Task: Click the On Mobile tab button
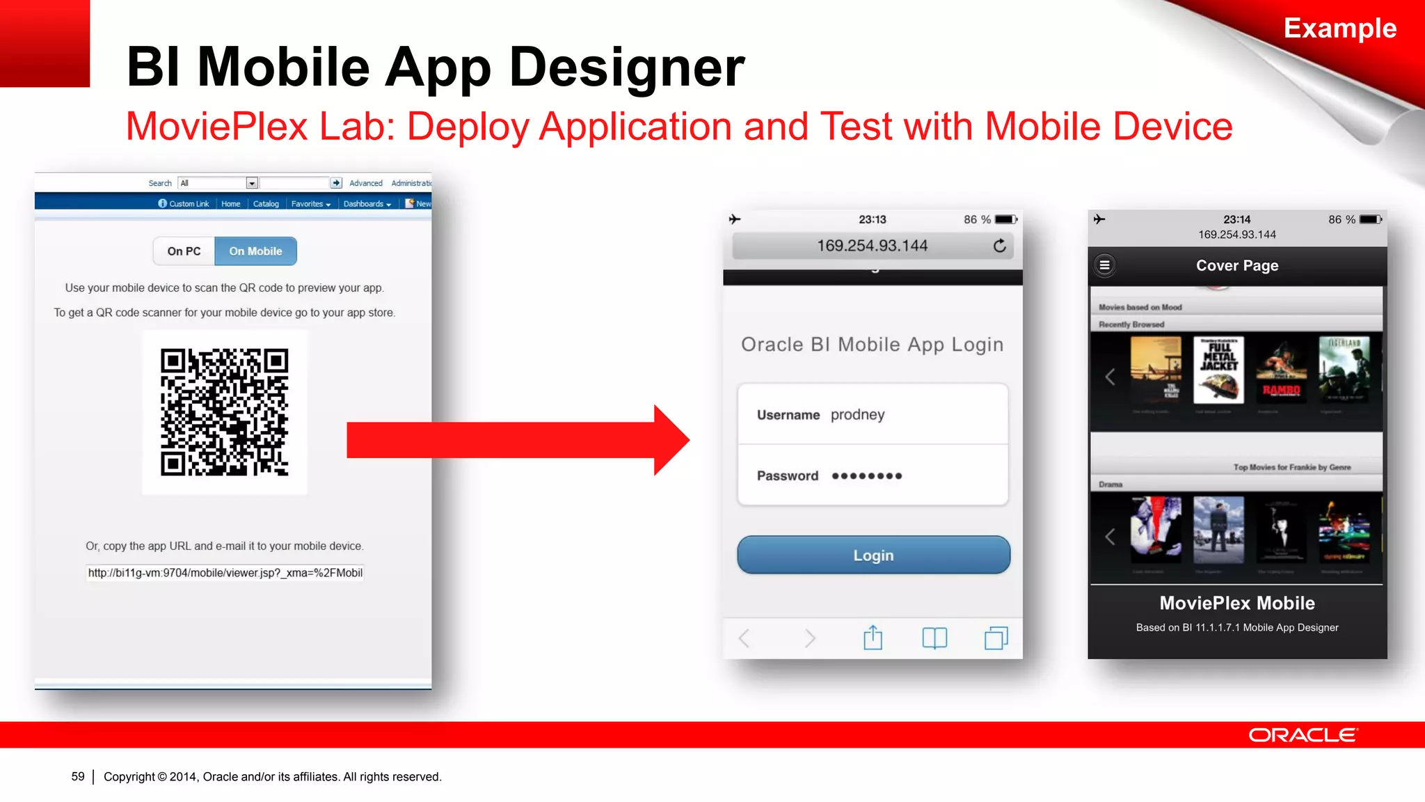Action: coord(255,251)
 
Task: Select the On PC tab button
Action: coord(184,251)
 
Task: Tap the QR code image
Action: coord(224,412)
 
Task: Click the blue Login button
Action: coord(873,555)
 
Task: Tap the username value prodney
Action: coord(857,415)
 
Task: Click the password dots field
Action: coord(866,476)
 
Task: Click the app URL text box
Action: coord(224,573)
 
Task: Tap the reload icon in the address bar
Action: coord(999,246)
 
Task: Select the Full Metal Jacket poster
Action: coord(1218,370)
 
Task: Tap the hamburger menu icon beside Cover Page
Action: coord(1104,265)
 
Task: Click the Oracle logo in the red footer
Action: coord(1303,735)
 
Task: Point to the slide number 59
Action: coord(78,776)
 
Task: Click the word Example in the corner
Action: coord(1339,29)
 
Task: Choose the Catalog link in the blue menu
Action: coord(266,204)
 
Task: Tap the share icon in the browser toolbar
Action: coord(873,638)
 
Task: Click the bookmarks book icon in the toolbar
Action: coord(934,638)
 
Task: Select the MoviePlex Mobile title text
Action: coord(1236,603)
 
